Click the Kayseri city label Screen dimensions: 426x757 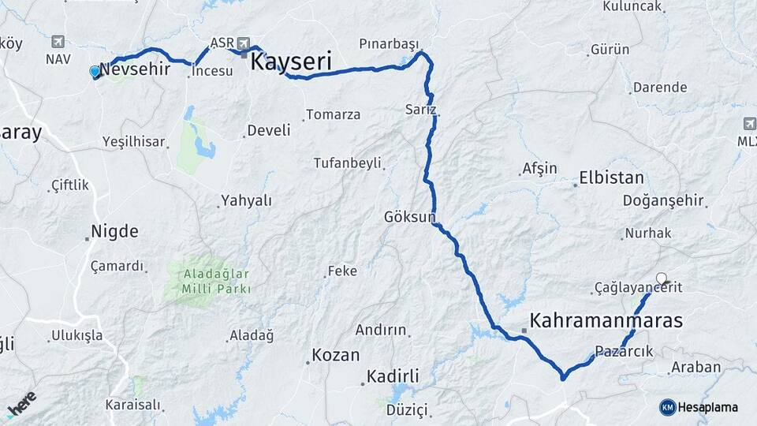[290, 62]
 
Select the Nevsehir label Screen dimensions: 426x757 [136, 69]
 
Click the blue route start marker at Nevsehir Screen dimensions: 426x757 [95, 72]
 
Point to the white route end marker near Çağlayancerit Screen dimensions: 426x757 [662, 278]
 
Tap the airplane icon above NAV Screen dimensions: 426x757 [58, 42]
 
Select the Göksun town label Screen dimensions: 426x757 [409, 216]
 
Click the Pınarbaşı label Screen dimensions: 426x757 [388, 43]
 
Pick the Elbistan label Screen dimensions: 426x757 [611, 177]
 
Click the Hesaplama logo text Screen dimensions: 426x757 [707, 407]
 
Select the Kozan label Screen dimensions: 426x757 [335, 355]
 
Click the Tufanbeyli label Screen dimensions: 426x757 [347, 163]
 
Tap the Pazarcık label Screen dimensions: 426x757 [625, 351]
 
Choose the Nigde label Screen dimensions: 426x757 [114, 232]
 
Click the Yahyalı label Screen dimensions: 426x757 [246, 200]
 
